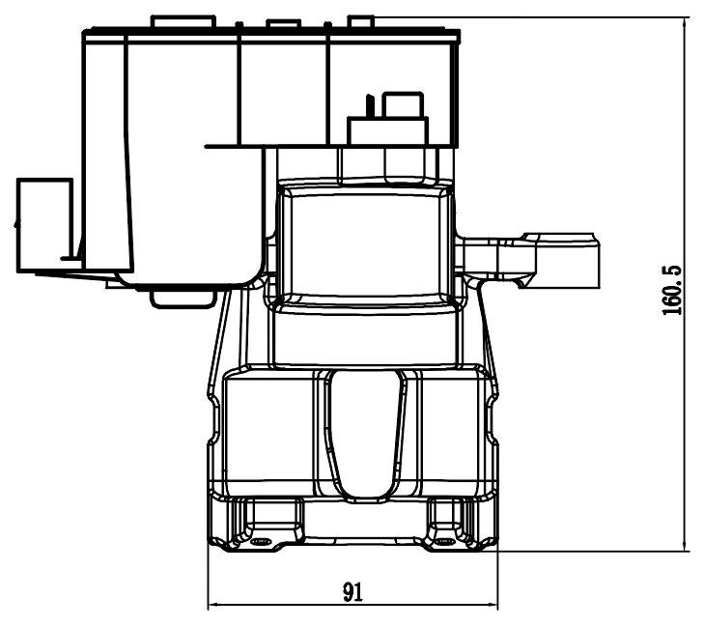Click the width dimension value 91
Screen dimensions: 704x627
(352, 591)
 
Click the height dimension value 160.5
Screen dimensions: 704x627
(672, 290)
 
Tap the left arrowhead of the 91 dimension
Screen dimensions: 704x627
(214, 604)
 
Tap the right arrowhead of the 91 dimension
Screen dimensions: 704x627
(493, 604)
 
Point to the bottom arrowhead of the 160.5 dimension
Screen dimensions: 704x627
(685, 545)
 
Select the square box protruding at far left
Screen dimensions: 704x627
(44, 225)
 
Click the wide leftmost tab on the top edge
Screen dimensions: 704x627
(183, 22)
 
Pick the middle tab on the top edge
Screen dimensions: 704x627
(283, 23)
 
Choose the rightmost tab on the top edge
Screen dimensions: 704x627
(361, 22)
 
